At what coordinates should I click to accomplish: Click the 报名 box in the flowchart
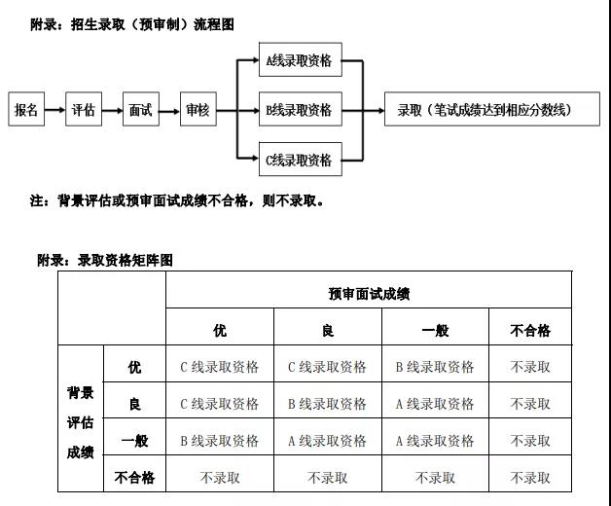coord(26,110)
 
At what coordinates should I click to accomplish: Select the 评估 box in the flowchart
coord(84,110)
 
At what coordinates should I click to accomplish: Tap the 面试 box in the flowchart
coord(141,110)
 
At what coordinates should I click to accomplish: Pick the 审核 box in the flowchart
coord(198,110)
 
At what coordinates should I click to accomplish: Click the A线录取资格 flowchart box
coord(299,61)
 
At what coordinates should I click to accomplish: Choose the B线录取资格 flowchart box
coord(299,110)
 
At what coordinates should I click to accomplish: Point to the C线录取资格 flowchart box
coord(299,160)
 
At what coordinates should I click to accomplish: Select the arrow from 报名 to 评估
coord(54,110)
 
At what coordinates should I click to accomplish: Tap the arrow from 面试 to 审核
coord(169,110)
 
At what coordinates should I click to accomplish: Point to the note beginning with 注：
coord(176,201)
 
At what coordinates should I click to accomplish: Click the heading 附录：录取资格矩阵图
coord(105,260)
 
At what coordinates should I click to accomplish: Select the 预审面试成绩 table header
coord(369,292)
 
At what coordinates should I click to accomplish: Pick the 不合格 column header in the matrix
coord(530,330)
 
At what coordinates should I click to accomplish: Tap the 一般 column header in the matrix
coord(435,330)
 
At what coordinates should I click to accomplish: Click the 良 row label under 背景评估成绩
coord(134,404)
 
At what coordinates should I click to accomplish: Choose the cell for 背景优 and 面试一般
coord(435,367)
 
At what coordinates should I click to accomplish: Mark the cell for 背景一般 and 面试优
coord(220,441)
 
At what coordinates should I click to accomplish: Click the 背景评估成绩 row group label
coord(80,422)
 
